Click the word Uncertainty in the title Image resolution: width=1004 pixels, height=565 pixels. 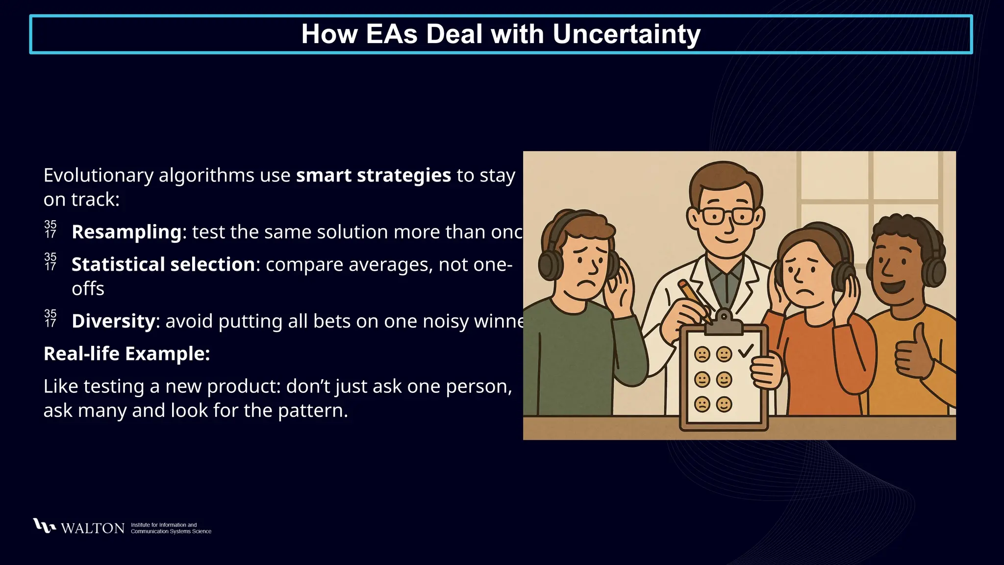click(626, 34)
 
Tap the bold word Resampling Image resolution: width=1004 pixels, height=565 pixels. click(126, 232)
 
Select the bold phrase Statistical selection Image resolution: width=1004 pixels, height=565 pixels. click(163, 265)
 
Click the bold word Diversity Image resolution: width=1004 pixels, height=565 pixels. click(113, 321)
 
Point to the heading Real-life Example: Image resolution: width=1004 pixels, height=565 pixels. click(126, 354)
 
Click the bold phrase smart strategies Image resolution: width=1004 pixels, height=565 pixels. click(373, 176)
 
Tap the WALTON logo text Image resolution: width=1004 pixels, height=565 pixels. click(93, 528)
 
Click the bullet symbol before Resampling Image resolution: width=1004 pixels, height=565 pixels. click(50, 230)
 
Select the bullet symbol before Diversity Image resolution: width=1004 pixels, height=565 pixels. click(50, 318)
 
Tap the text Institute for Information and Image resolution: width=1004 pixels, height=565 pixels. click(164, 525)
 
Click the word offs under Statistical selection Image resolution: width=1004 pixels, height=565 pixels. click(88, 289)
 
